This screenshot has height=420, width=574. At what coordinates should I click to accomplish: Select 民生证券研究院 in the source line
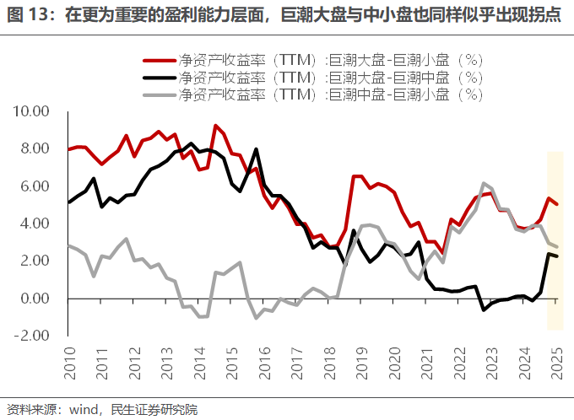[154, 410]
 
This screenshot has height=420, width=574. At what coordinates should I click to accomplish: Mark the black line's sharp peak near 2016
[257, 149]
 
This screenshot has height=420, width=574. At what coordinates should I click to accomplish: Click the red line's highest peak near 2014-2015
[216, 126]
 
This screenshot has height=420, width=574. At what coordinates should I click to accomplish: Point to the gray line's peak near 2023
[484, 183]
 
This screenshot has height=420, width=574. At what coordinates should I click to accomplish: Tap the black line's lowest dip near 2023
[484, 310]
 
